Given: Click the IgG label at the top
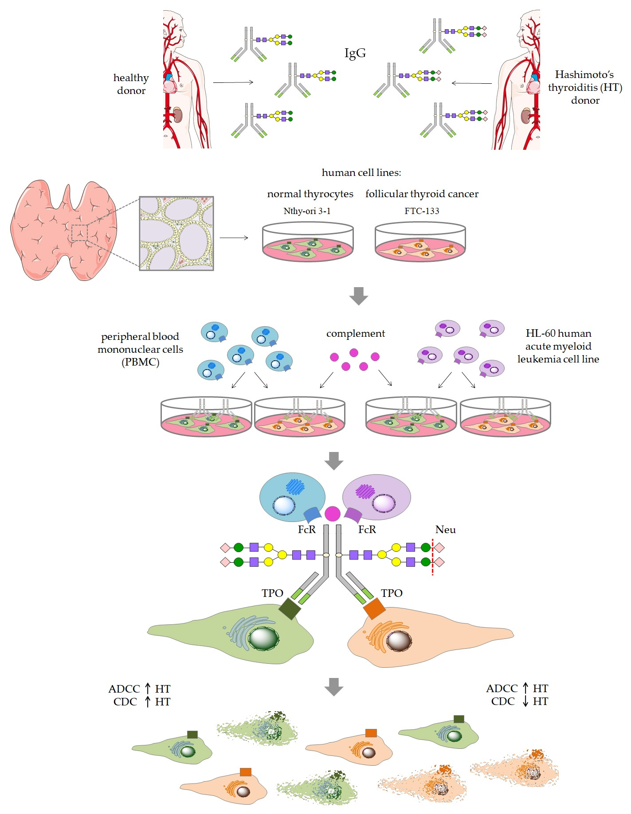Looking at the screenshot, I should point(355,53).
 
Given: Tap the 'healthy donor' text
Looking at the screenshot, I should point(131,84).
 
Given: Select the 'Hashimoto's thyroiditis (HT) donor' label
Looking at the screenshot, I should point(585,87).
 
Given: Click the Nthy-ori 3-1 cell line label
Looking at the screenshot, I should point(307,211).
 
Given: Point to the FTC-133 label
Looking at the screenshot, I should point(422,211).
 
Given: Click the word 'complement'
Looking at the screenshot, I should point(356,333).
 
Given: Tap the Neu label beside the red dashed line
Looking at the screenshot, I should point(445,530).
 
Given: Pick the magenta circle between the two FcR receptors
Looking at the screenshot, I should point(333,514).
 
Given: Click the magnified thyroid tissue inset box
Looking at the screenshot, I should point(176,233).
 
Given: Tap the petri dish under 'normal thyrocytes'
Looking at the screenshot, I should point(308,243).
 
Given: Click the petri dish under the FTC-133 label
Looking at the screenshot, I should point(420,243).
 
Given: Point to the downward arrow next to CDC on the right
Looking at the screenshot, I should point(525,701).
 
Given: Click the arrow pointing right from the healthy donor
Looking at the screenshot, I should point(233,82).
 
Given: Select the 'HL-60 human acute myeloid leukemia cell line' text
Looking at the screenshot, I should point(558,346).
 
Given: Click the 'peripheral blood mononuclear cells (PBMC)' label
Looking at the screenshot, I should point(140,349).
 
